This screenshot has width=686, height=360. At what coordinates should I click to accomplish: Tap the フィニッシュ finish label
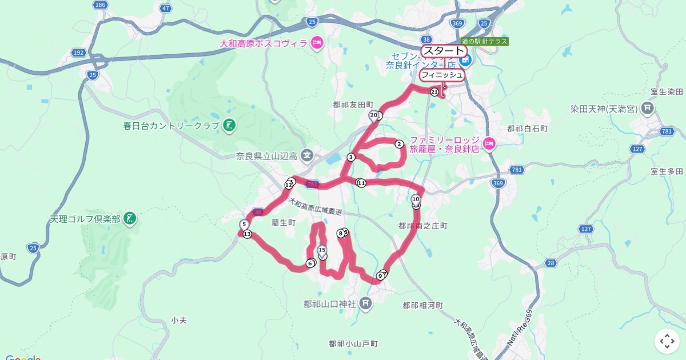(441, 75)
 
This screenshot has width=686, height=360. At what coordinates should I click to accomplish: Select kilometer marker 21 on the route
(434, 92)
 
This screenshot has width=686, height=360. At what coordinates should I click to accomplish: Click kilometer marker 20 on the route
(374, 115)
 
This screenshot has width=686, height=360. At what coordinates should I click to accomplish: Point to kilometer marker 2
(399, 144)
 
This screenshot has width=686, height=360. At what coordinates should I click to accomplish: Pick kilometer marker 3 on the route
(350, 157)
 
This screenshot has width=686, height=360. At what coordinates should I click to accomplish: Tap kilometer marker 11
(361, 183)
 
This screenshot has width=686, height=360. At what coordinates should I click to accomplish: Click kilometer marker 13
(247, 234)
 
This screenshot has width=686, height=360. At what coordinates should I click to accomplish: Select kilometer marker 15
(322, 250)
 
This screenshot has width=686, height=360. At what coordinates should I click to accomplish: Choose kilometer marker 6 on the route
(310, 263)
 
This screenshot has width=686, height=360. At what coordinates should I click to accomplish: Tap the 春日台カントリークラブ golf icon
(229, 125)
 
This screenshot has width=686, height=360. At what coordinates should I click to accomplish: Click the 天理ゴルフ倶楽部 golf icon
(130, 218)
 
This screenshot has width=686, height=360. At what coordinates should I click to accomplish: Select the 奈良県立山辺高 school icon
(308, 155)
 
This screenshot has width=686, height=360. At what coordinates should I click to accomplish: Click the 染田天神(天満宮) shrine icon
(647, 107)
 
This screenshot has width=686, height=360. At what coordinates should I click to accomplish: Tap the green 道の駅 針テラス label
(484, 42)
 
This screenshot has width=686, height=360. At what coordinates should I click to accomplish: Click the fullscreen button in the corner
(667, 342)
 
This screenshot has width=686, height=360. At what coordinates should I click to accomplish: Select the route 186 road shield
(101, 5)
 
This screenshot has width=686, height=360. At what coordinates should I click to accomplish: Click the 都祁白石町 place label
(527, 129)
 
